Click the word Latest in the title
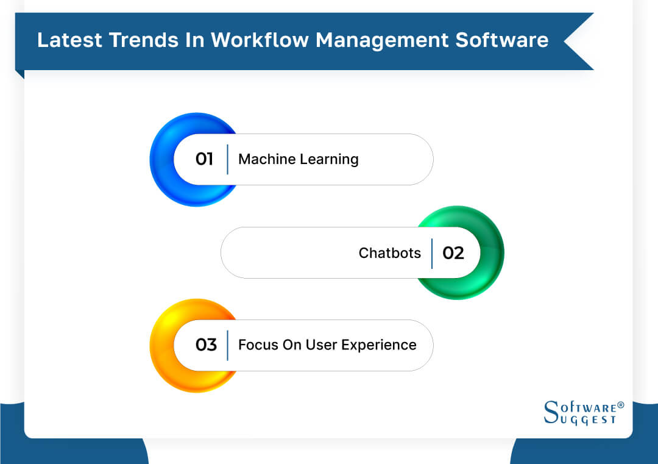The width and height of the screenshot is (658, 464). [x=68, y=40]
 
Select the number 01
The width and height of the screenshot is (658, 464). [x=204, y=160]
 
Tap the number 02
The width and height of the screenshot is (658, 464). [x=453, y=253]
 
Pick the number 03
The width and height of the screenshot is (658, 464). [x=206, y=345]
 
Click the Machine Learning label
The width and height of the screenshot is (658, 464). [x=298, y=160]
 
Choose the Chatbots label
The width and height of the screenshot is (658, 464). [x=389, y=253]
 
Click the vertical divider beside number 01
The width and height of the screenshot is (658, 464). [x=227, y=160]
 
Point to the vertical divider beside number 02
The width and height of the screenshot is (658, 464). [x=432, y=253]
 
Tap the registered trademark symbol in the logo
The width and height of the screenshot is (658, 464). [x=621, y=405]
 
